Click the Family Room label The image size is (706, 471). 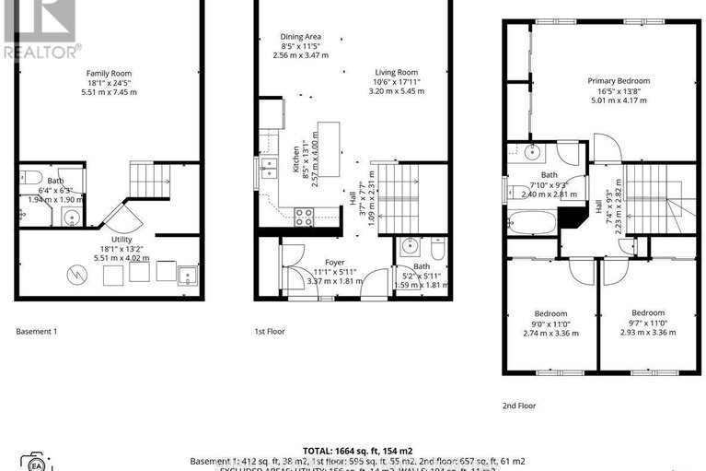(110, 73)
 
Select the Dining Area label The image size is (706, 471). (299, 37)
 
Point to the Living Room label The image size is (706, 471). (396, 73)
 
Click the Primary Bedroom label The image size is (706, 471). (619, 81)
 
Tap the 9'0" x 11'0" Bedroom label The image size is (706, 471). (550, 313)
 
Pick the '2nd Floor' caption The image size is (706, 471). (518, 405)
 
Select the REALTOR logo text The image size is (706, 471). (41, 52)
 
